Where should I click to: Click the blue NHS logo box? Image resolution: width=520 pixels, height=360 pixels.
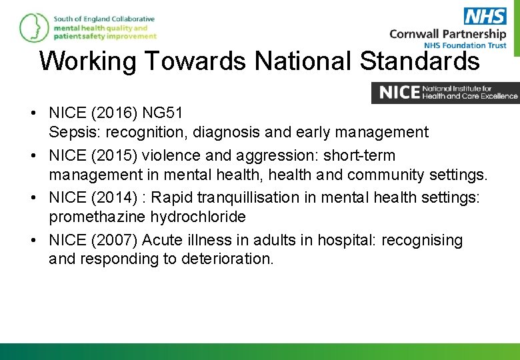pyautogui.click(x=485, y=16)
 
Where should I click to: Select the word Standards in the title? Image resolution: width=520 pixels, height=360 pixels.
pyautogui.click(x=419, y=61)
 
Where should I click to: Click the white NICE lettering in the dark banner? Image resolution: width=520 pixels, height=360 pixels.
pyautogui.click(x=399, y=93)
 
